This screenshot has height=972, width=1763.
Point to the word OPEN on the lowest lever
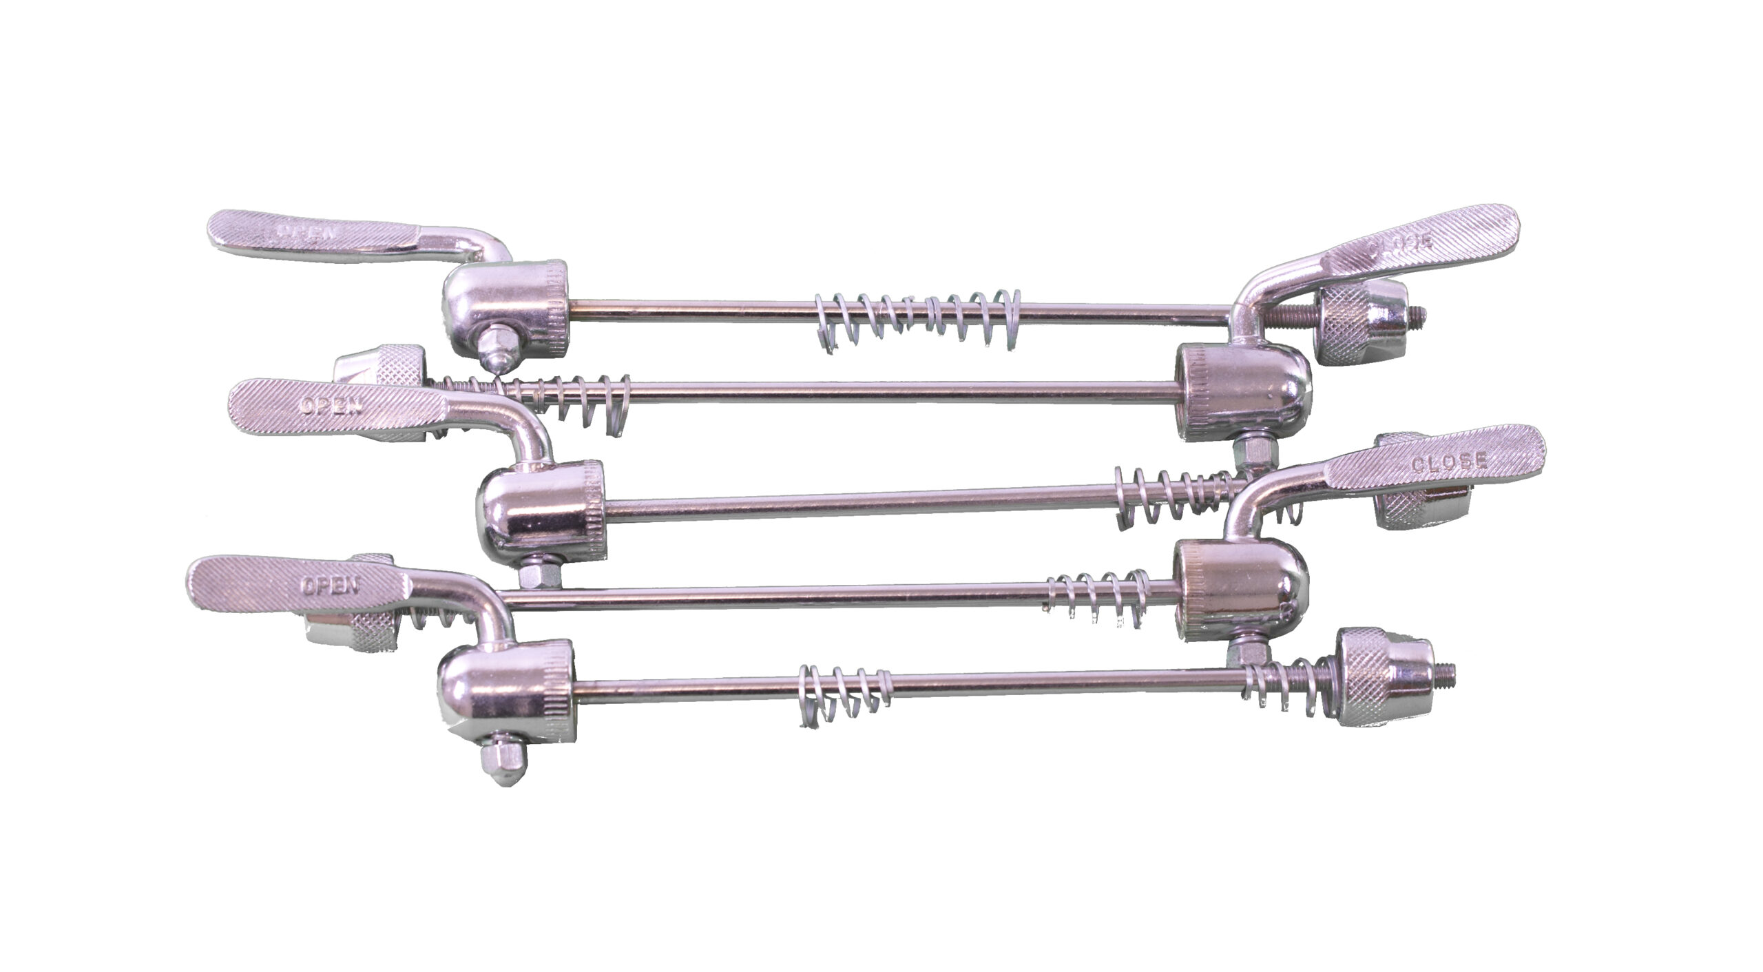(330, 586)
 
